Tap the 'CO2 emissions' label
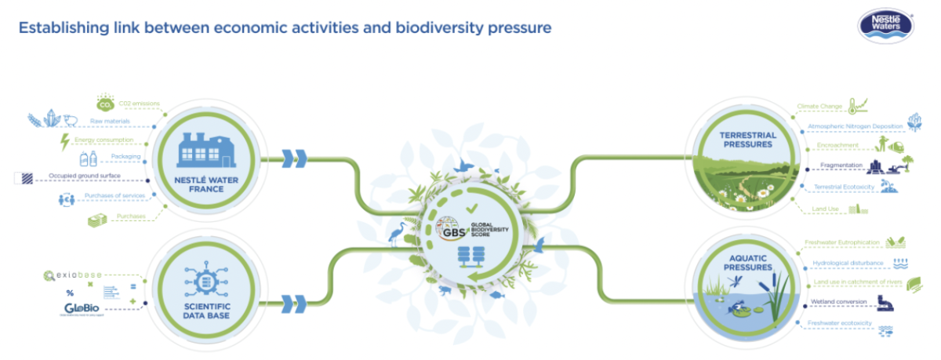139,103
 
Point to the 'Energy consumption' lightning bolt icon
64,142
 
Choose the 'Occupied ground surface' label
83,176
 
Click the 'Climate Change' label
820,107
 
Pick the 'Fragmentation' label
841,165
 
